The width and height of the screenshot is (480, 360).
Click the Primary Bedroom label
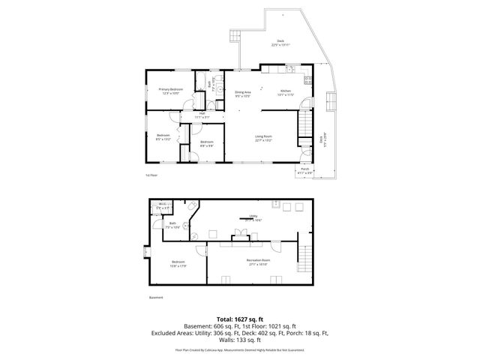pos(170,89)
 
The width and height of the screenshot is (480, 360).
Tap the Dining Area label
pos(242,92)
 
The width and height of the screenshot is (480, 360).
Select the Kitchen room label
pos(285,90)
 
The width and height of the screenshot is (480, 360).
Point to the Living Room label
pos(263,137)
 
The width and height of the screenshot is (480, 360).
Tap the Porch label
pos(305,169)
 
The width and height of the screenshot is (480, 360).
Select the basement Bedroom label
pos(177,262)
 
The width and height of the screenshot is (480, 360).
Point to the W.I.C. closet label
pos(162,204)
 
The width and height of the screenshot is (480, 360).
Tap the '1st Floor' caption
pos(151,175)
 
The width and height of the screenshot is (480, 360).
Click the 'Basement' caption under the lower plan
pos(155,297)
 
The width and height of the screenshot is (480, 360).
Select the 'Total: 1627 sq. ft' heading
pos(239,319)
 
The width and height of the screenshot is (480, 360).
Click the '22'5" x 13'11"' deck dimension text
pos(280,45)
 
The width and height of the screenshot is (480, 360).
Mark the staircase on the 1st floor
pos(304,120)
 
